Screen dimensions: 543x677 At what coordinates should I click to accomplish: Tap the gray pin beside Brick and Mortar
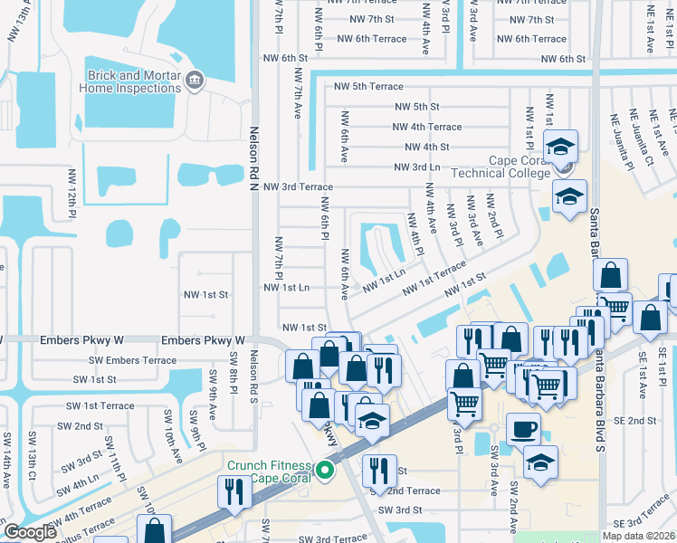coord(194,82)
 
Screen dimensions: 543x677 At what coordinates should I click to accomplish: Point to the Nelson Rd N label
coord(254,154)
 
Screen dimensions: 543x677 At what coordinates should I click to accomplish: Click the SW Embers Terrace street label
coord(133,360)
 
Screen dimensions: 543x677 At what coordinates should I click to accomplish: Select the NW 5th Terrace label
coord(368,87)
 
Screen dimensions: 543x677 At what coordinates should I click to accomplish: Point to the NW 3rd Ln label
coord(417,167)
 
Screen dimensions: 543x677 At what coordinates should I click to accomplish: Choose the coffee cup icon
coord(523,428)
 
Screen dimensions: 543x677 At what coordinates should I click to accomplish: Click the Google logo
coord(30,532)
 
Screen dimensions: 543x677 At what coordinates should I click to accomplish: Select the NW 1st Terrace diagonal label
coord(434,277)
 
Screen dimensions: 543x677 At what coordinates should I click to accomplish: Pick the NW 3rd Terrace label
coord(298,186)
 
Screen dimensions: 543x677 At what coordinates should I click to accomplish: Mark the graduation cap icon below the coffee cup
coord(540,462)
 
